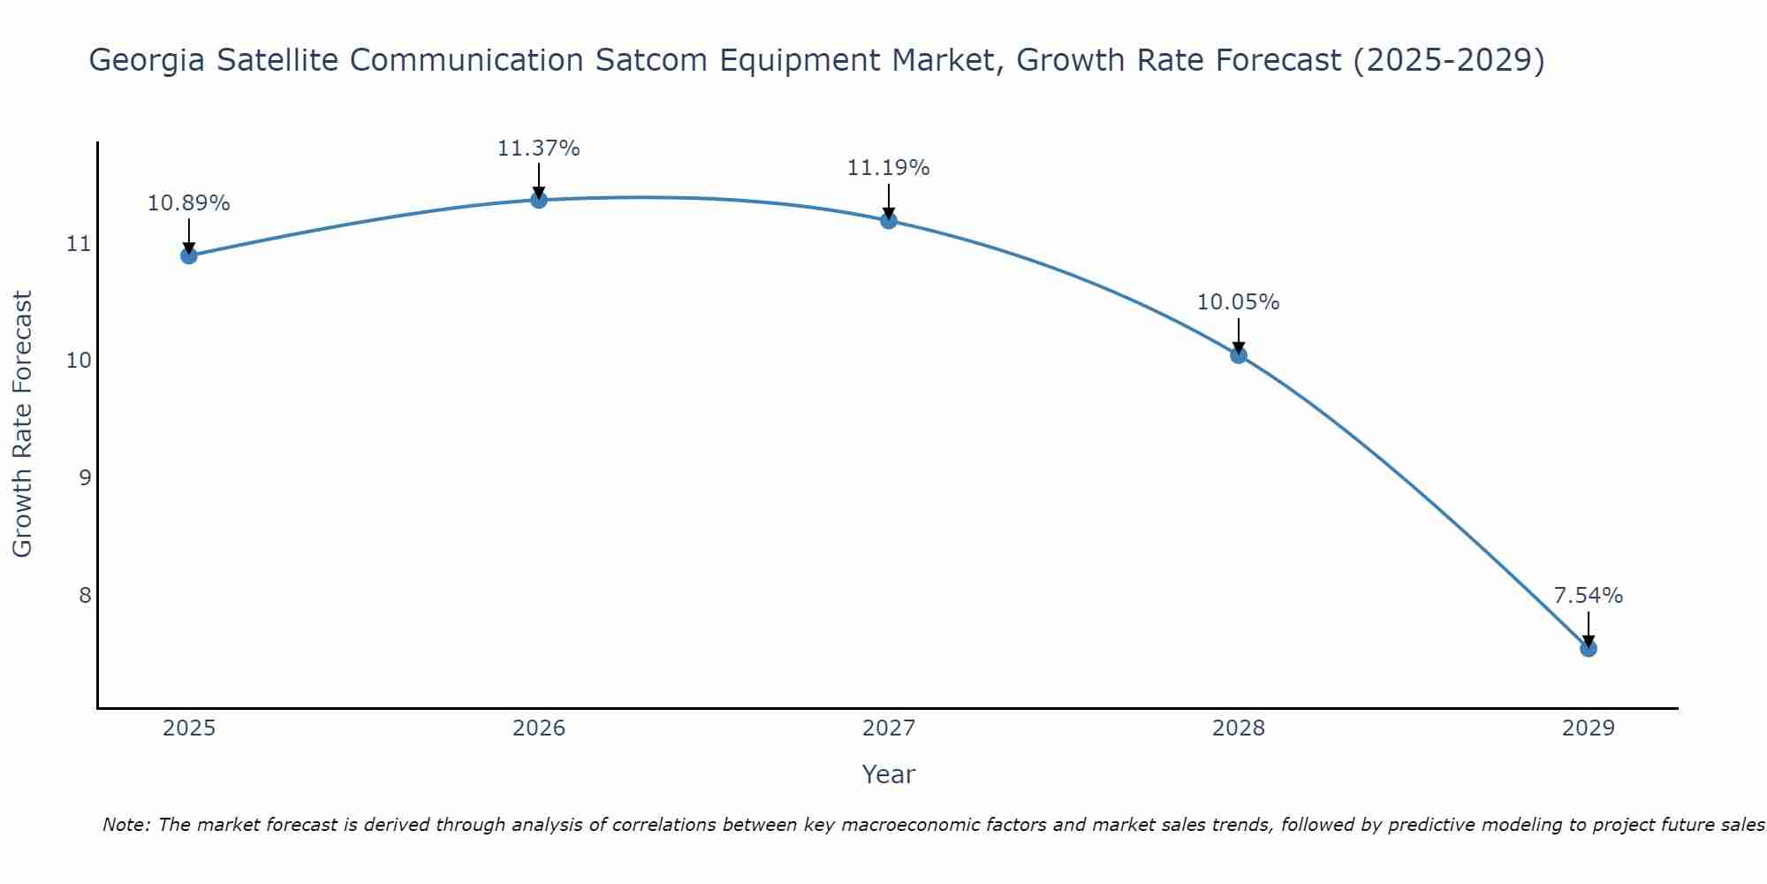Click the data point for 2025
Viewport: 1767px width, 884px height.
189,255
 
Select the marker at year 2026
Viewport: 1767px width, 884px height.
539,200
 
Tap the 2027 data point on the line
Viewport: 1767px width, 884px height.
889,220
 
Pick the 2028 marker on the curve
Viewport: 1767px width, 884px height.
1239,355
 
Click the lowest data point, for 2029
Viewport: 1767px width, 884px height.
1588,649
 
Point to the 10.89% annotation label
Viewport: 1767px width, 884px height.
188,203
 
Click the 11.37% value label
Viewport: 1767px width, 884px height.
538,149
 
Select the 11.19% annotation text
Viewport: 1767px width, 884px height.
888,168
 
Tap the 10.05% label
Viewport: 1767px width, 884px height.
1238,302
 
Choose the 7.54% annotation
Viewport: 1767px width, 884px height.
1588,596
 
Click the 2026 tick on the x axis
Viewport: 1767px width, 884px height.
539,728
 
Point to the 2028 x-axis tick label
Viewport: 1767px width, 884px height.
1239,728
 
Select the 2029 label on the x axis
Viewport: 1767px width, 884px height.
1588,728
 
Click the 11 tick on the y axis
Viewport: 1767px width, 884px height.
79,243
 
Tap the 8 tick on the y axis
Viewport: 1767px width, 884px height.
85,595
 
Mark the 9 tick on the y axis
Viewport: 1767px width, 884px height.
85,477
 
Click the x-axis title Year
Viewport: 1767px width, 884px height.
888,774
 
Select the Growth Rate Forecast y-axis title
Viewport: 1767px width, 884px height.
22,424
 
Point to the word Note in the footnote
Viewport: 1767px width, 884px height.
127,826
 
